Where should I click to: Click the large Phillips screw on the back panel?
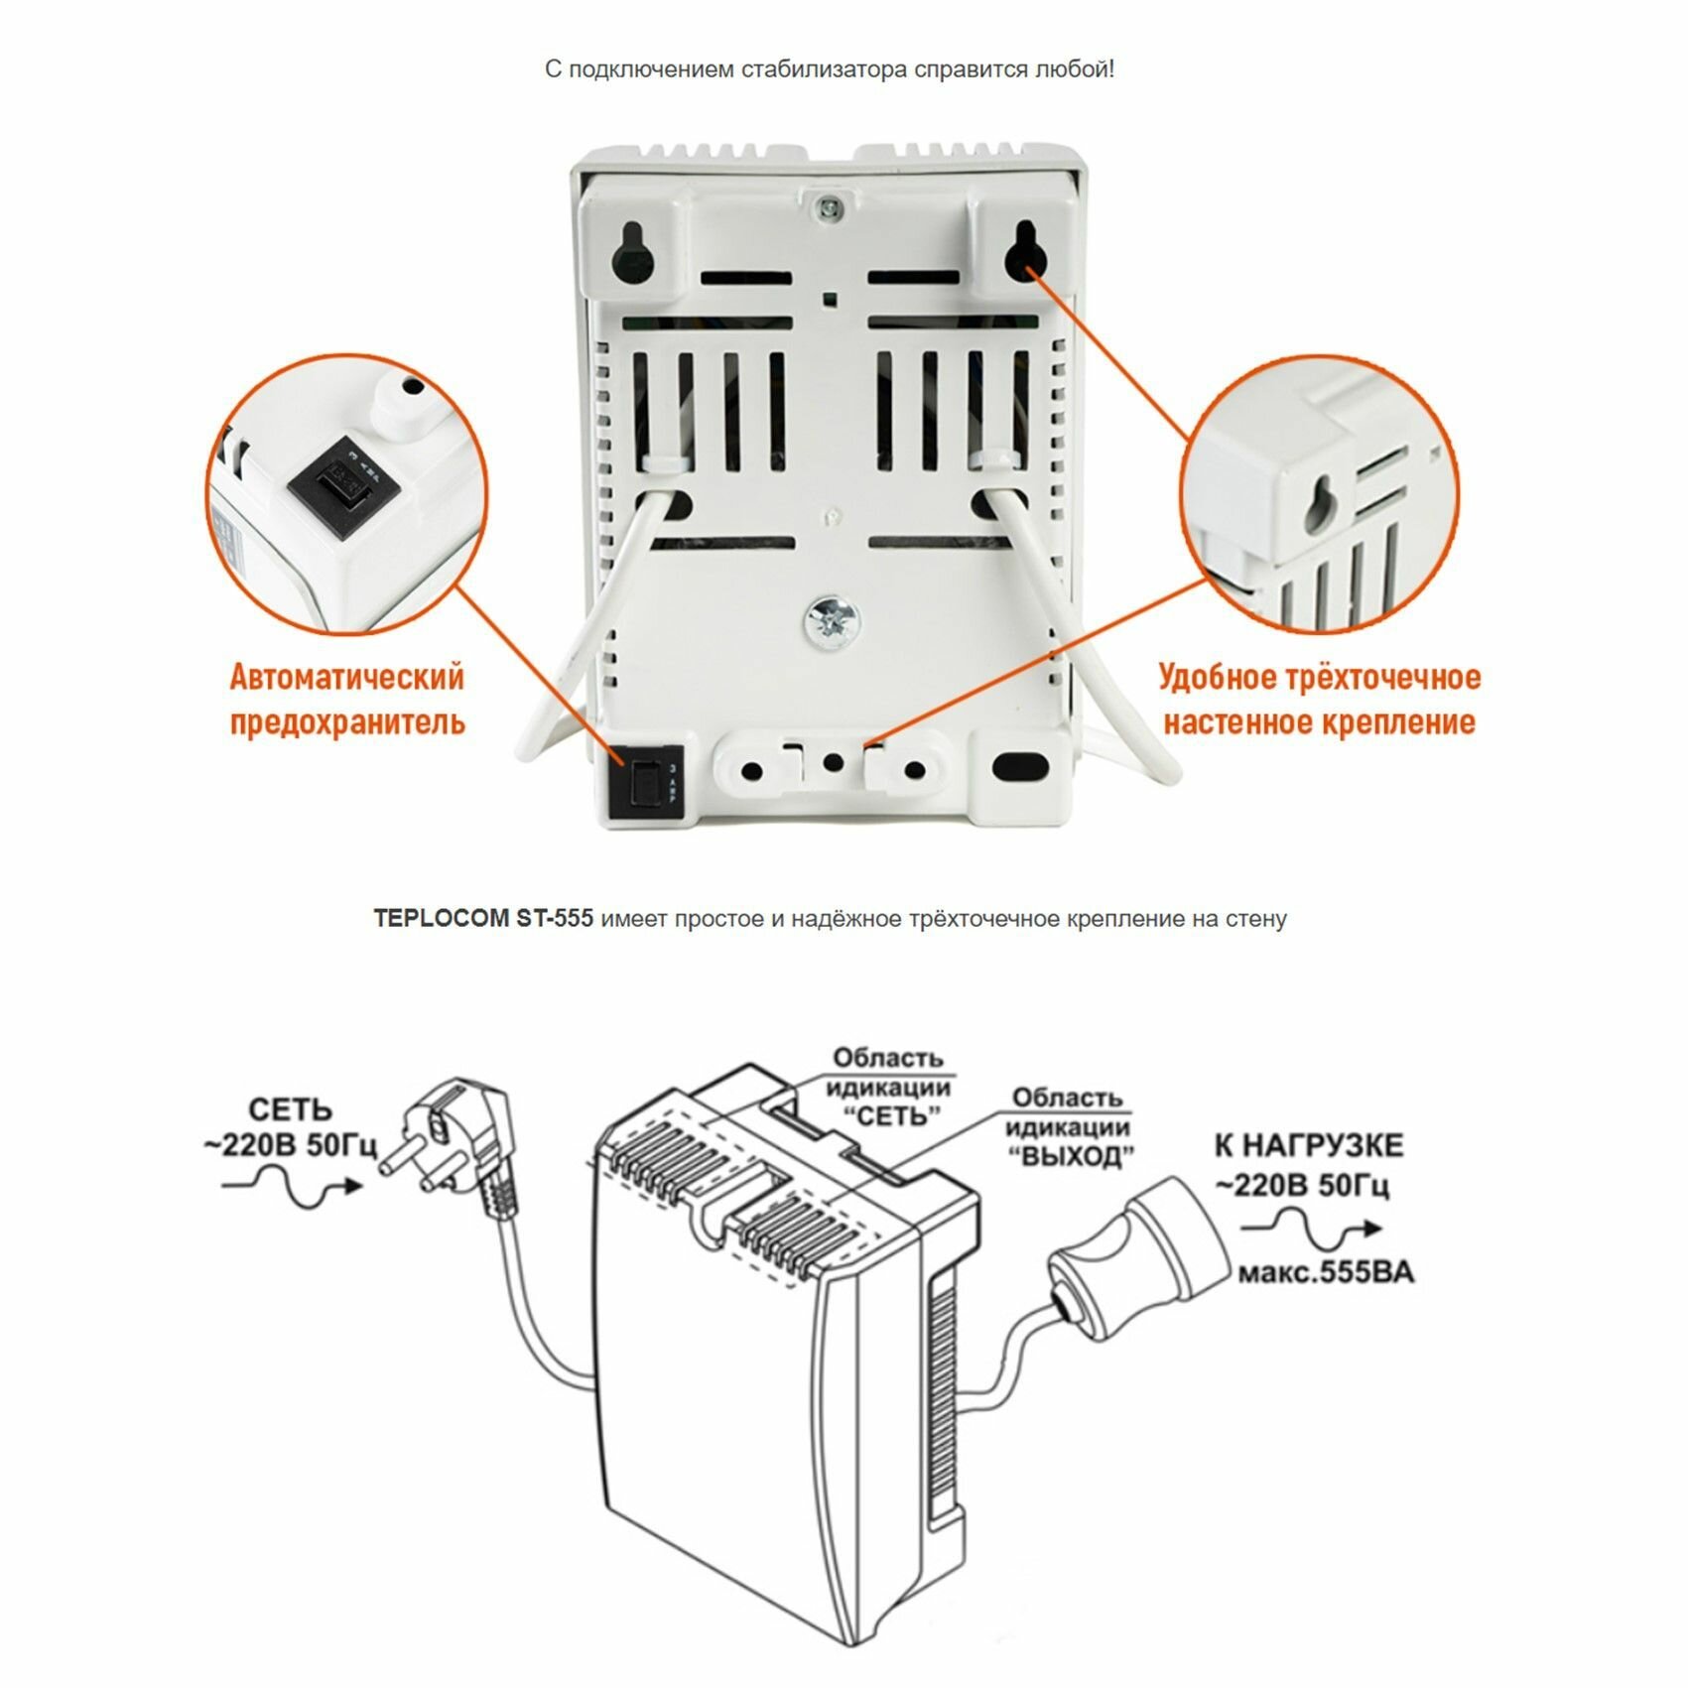(831, 622)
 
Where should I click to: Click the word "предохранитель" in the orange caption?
(347, 720)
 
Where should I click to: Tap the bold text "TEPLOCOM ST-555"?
(483, 919)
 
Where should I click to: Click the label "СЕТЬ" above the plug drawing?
(290, 1110)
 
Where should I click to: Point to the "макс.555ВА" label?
(1325, 1272)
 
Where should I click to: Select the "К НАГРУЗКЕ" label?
(1309, 1146)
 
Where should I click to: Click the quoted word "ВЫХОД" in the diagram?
(1071, 1156)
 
